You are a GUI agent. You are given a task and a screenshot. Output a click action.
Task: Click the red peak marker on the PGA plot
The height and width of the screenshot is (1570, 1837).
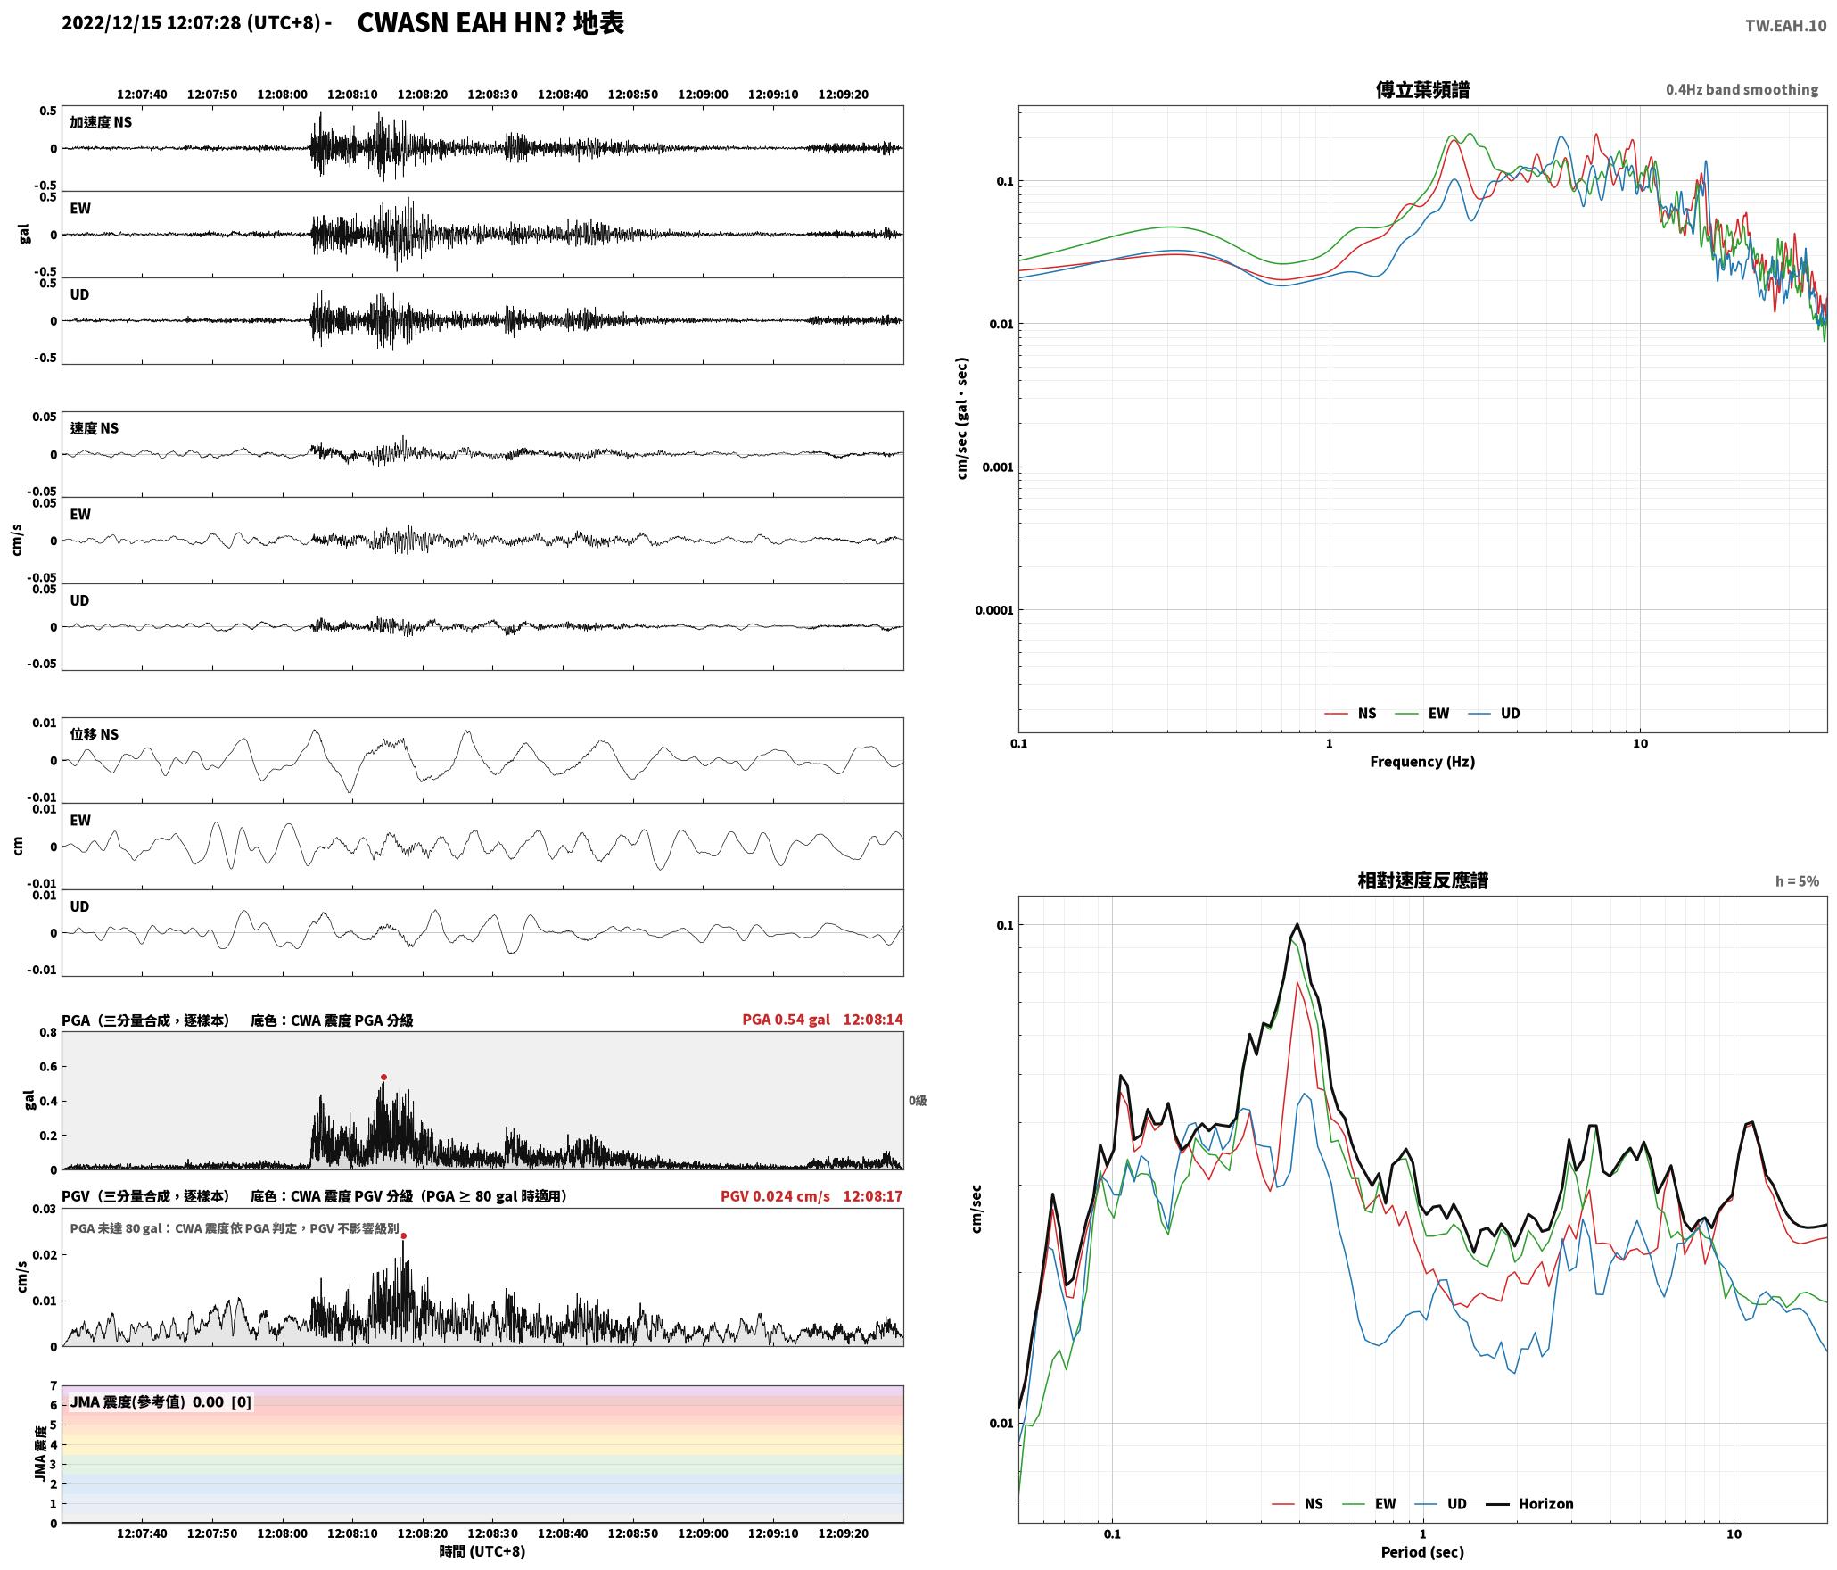tap(383, 1077)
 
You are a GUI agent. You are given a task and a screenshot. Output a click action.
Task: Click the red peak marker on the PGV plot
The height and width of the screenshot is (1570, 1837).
tap(403, 1235)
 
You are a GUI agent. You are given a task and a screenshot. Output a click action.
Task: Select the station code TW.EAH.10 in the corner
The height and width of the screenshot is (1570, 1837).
tap(1785, 26)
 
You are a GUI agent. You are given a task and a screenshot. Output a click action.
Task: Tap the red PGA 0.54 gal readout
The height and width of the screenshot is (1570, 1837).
tap(786, 1020)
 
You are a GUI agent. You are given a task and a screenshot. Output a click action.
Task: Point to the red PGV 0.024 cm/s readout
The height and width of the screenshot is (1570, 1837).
tap(775, 1196)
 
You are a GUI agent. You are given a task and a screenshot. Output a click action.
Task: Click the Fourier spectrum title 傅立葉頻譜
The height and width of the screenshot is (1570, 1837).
tap(1422, 90)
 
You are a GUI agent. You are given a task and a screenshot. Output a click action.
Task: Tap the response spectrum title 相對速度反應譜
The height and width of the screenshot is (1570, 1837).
tap(1422, 880)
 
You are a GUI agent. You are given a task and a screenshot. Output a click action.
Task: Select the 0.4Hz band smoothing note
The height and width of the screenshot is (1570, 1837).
tap(1742, 90)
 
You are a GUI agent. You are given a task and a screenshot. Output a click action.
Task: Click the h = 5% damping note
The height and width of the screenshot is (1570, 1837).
tap(1797, 881)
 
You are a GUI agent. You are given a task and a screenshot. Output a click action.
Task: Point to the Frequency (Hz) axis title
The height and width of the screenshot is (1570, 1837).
tap(1422, 761)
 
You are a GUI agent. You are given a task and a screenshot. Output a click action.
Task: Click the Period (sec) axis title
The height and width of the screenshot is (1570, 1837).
tap(1422, 1552)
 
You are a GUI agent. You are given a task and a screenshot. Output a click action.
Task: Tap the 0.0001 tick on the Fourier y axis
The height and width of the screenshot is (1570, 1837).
tap(994, 610)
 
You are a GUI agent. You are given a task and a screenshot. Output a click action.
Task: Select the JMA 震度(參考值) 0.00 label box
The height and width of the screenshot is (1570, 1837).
tap(161, 1401)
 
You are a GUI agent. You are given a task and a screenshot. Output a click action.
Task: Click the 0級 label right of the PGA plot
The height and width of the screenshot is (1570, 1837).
tap(918, 1101)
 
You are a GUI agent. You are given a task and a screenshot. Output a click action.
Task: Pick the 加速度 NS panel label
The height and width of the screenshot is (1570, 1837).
tap(101, 122)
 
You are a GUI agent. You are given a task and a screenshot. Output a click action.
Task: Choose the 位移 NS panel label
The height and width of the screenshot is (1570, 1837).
tap(95, 734)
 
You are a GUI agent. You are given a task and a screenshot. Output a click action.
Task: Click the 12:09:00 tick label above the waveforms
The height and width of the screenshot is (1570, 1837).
tap(703, 95)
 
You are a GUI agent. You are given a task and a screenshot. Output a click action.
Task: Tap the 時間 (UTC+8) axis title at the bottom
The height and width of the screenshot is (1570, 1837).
tap(482, 1551)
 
